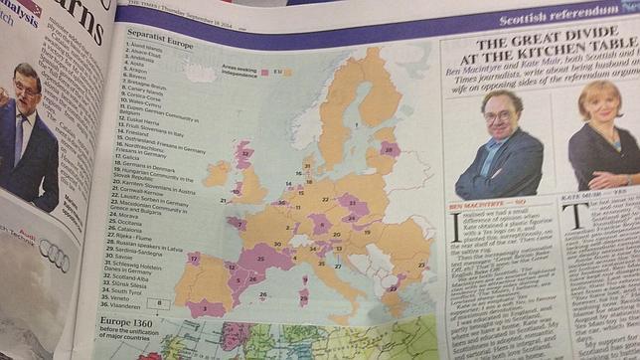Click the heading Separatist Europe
[x=160, y=44]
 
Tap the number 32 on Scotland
[x=245, y=150]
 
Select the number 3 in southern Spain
[x=204, y=309]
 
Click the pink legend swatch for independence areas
[x=262, y=73]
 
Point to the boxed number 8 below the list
[x=161, y=303]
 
